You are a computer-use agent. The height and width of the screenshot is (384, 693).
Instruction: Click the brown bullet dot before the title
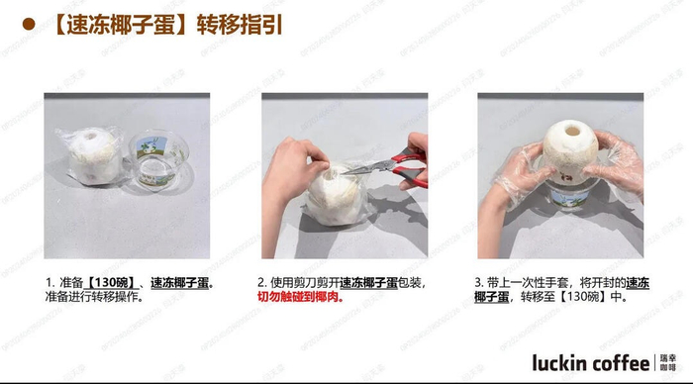coord(29,24)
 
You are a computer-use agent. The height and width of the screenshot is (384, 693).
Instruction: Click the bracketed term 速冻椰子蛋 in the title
coord(121,25)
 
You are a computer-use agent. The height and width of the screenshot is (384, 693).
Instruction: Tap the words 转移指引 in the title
coord(240,25)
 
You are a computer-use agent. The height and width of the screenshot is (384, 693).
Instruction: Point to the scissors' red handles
coord(410,165)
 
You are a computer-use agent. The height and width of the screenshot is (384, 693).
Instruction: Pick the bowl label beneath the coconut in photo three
coord(570,198)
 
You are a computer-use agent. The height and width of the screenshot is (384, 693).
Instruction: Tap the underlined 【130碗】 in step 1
coord(110,283)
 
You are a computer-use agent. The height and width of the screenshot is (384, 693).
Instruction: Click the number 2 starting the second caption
coord(261,283)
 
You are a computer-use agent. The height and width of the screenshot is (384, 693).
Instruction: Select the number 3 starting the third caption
coord(478,283)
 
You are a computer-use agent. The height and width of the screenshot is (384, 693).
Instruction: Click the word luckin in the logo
coord(560,363)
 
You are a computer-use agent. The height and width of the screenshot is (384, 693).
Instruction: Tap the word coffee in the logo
coord(621,363)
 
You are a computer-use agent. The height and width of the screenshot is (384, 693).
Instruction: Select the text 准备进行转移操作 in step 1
coord(91,297)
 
